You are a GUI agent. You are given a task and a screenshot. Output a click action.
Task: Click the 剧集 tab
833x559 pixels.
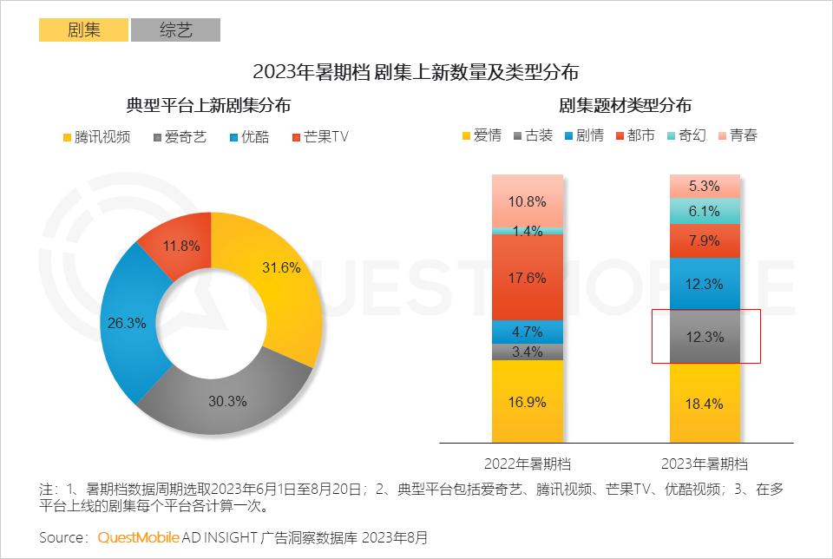[83, 30]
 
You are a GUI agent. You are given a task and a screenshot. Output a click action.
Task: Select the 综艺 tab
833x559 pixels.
[175, 30]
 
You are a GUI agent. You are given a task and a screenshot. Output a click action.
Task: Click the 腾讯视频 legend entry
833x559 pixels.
[96, 137]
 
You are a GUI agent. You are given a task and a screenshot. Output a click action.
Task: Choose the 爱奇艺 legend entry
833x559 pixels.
[180, 137]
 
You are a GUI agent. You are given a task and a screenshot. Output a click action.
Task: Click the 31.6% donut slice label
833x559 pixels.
[281, 267]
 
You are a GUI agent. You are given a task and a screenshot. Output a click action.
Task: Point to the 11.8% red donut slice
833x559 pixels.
[182, 246]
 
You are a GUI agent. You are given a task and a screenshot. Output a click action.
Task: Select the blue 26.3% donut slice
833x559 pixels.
[128, 322]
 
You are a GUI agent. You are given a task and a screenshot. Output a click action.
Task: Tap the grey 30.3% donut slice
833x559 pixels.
[227, 401]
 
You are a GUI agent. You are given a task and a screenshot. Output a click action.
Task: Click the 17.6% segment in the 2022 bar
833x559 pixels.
[528, 278]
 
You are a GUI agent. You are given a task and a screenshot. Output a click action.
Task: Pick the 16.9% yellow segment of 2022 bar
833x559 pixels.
[528, 401]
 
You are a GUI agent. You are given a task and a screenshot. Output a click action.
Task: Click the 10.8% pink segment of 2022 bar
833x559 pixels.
[528, 201]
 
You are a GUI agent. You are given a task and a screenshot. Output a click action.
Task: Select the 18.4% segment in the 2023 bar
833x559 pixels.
[705, 404]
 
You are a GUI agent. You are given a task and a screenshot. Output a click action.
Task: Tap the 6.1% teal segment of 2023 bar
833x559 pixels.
[705, 211]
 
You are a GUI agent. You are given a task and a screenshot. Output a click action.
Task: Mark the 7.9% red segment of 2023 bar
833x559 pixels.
[705, 240]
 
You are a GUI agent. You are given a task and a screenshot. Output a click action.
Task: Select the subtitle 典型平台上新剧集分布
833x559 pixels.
[208, 105]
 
